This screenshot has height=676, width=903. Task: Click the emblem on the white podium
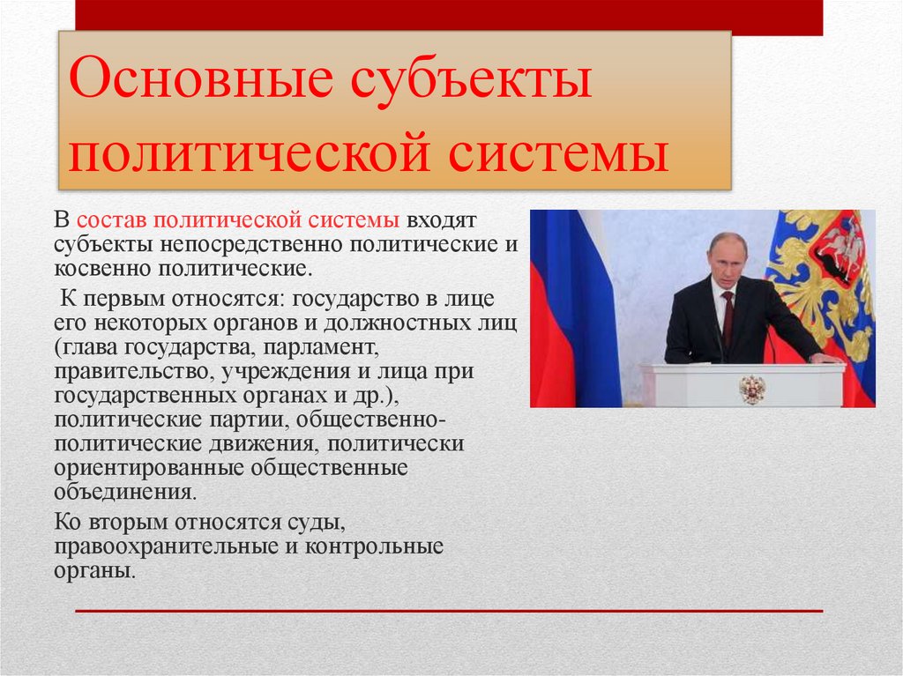(751, 388)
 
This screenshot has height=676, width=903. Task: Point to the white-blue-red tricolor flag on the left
(573, 308)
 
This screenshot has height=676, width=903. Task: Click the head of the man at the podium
(728, 257)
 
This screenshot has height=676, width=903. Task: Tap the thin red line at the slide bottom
(449, 610)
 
